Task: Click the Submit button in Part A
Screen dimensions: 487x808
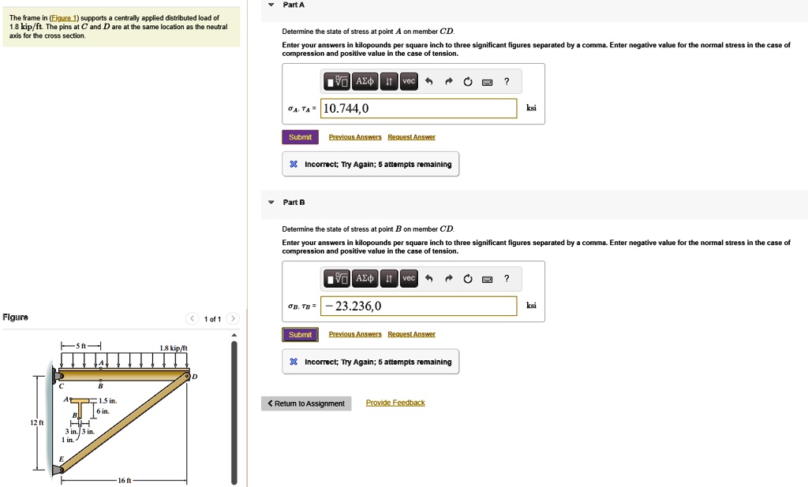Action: (x=300, y=137)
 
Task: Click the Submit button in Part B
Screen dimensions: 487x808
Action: (x=300, y=335)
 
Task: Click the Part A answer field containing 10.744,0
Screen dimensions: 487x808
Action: (x=418, y=109)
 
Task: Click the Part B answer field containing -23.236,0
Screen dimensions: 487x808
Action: (x=418, y=307)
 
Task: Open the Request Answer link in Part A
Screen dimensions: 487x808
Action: (x=411, y=137)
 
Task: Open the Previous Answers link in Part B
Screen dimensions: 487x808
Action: (x=355, y=335)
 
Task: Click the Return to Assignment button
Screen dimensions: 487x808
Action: (x=305, y=403)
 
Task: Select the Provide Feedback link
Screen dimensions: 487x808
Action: (x=395, y=403)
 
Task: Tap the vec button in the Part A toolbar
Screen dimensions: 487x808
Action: (x=408, y=81)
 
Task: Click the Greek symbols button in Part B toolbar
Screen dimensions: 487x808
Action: (x=365, y=279)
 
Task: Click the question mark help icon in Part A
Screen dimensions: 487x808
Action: (x=507, y=81)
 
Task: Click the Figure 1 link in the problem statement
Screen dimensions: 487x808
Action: (x=64, y=18)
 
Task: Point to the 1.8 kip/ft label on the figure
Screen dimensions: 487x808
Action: (x=173, y=348)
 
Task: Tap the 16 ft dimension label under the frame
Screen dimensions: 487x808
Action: (x=125, y=481)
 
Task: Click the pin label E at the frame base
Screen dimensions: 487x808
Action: (x=60, y=459)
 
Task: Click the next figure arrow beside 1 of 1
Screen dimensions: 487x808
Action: (x=232, y=318)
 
